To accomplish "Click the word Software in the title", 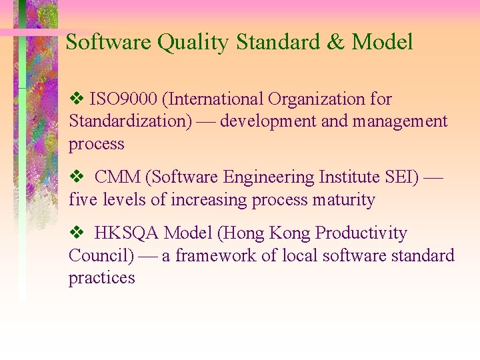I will (109, 43).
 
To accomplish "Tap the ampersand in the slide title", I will (335, 43).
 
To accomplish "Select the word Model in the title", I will (382, 43).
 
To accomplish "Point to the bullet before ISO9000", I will (75, 99).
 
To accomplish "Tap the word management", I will (399, 122).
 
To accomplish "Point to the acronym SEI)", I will (401, 177).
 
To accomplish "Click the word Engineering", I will (265, 178).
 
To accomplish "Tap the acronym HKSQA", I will (127, 233).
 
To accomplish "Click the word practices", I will (101, 278).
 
